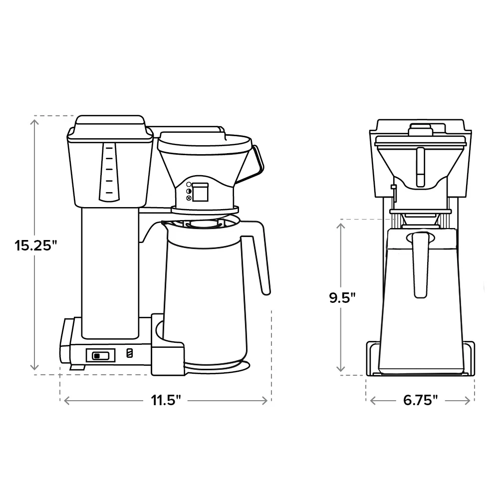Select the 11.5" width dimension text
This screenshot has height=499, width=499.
coord(166,401)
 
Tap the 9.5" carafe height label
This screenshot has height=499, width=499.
coord(342,298)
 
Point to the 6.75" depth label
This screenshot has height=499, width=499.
coord(421,401)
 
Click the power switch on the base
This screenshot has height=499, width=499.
coord(100,355)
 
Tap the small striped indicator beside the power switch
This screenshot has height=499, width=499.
coord(130,353)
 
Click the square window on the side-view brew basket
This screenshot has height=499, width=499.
coord(201,192)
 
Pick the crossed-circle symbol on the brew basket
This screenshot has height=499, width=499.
coord(189,198)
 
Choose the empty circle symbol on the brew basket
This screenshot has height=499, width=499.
coord(189,185)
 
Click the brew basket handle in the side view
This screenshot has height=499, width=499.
coord(255,162)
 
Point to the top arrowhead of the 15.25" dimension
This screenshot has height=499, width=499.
coord(35,120)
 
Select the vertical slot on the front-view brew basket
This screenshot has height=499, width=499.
coord(420,165)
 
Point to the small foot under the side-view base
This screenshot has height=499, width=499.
coord(76,367)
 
